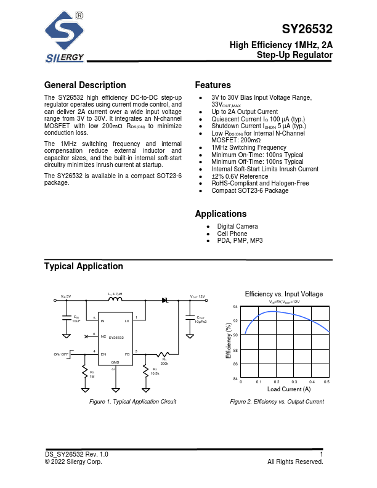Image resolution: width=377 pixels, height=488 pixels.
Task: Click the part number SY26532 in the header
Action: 307,30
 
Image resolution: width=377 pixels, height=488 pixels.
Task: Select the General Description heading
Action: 85,85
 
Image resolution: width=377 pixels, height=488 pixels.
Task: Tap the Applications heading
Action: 221,214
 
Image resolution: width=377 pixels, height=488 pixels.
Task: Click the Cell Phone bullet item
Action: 232,234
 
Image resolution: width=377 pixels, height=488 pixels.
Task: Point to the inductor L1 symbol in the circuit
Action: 116,300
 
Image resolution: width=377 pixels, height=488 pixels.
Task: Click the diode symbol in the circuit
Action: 165,300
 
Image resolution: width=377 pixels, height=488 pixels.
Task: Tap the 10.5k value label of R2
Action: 155,373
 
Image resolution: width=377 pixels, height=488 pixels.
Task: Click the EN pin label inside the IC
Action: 103,354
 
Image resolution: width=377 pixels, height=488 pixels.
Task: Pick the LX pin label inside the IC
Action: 127,321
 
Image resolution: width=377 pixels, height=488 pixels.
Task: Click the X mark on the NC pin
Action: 86,337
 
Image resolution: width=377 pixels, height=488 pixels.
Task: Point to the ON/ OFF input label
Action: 62,354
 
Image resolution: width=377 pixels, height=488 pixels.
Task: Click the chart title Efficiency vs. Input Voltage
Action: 284,294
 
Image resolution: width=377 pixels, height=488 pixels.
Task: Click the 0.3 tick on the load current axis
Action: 294,383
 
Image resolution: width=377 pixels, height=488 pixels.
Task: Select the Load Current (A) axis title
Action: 289,389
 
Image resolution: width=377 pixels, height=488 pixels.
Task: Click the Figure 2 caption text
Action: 277,402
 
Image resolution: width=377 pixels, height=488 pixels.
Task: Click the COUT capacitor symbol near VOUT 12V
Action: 188,318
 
